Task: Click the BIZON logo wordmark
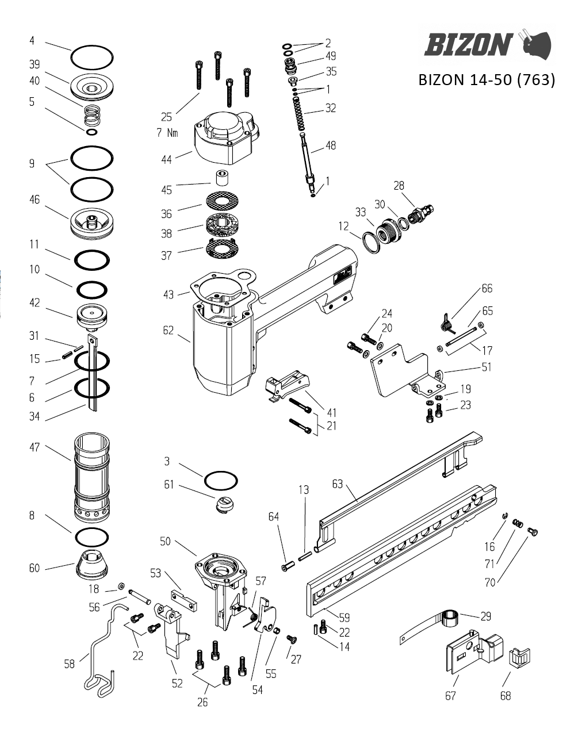tap(468, 44)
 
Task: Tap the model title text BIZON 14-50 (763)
tap(487, 80)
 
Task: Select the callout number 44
tap(166, 159)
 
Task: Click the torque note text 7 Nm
tap(167, 133)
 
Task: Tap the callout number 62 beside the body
tap(168, 331)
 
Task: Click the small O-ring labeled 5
tap(91, 132)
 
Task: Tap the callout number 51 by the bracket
tap(486, 367)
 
